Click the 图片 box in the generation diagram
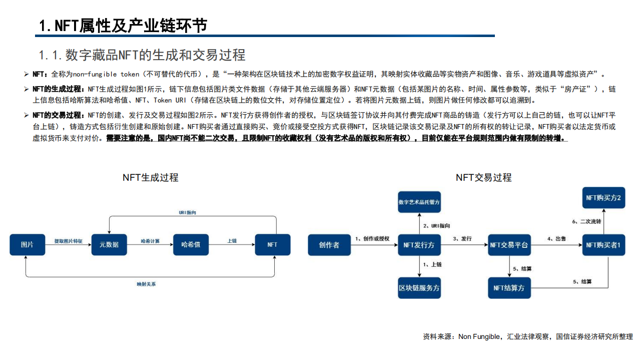click(27, 244)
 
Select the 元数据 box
click(109, 244)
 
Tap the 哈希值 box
click(191, 244)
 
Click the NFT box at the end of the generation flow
click(272, 244)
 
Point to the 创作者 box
click(329, 245)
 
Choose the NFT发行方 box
click(419, 245)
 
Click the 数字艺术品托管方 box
click(419, 202)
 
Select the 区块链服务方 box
click(419, 288)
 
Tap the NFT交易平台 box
click(509, 245)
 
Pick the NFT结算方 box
click(509, 288)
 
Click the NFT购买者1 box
click(603, 245)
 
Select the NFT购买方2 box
click(603, 198)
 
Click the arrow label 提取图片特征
click(68, 241)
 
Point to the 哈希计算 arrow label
click(150, 241)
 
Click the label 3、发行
click(462, 239)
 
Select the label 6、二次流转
click(586, 221)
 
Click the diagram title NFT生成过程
click(150, 178)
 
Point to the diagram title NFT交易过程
click(483, 178)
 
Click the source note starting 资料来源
click(527, 337)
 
